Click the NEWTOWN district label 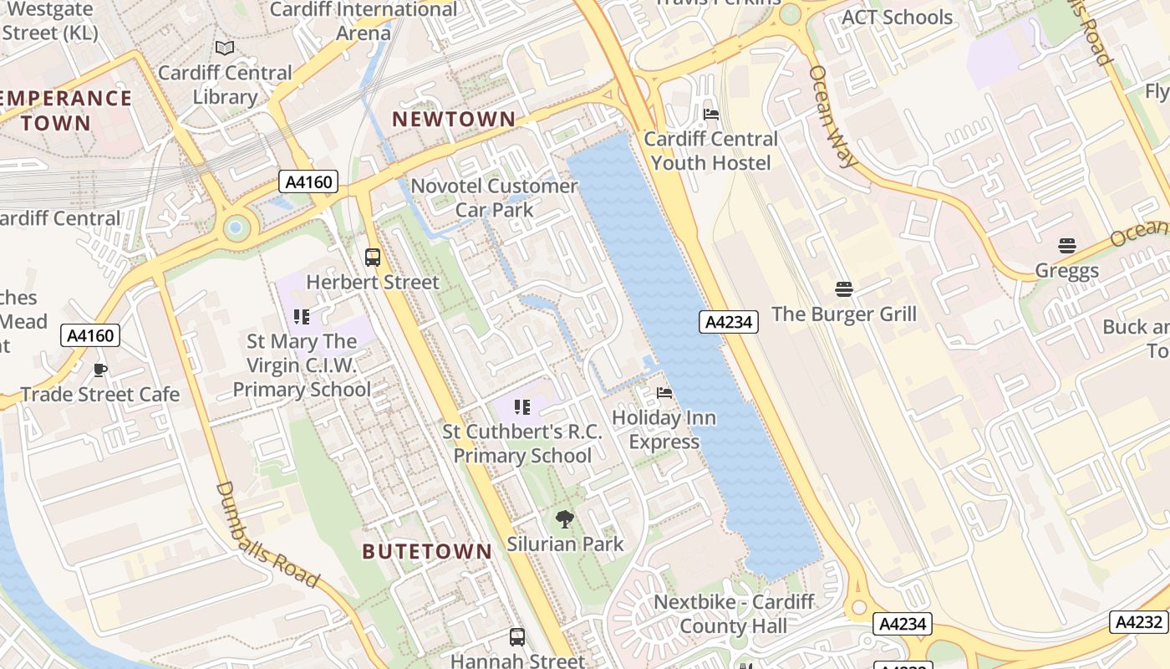pyautogui.click(x=454, y=119)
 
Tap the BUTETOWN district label pyautogui.click(x=427, y=551)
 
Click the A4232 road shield pyautogui.click(x=1139, y=622)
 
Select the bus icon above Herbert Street pyautogui.click(x=373, y=258)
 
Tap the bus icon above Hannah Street pyautogui.click(x=517, y=637)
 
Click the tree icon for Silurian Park pyautogui.click(x=565, y=519)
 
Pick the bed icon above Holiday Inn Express pyautogui.click(x=664, y=392)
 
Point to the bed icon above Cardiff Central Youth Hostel pyautogui.click(x=711, y=114)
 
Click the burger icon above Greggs pyautogui.click(x=1067, y=246)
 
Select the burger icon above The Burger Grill pyautogui.click(x=844, y=289)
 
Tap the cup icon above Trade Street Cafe pyautogui.click(x=100, y=370)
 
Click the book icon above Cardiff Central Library pyautogui.click(x=225, y=49)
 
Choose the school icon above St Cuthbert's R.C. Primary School pyautogui.click(x=522, y=407)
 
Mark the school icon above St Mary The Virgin pyautogui.click(x=302, y=317)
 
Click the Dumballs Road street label pyautogui.click(x=267, y=534)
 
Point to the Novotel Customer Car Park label pyautogui.click(x=495, y=197)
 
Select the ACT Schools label pyautogui.click(x=897, y=18)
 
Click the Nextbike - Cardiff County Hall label pyautogui.click(x=734, y=614)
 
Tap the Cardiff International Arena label pyautogui.click(x=364, y=21)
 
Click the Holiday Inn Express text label pyautogui.click(x=664, y=430)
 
